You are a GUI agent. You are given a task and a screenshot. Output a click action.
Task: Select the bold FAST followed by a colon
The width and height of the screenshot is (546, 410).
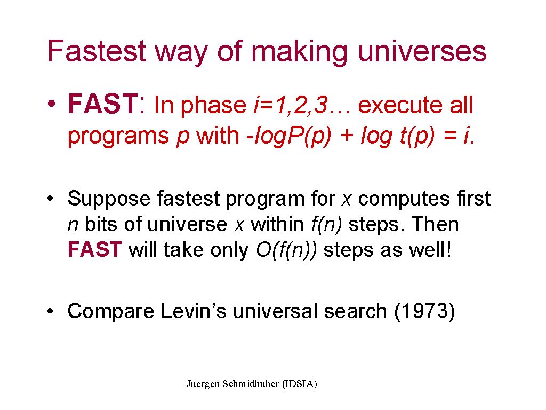pos(106,104)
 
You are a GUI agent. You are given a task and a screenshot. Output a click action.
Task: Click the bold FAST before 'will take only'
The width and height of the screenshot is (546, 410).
pos(94,250)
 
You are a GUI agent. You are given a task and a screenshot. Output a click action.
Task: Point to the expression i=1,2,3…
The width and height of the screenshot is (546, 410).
pos(302,105)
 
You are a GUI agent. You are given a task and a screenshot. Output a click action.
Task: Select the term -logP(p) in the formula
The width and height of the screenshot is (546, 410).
pos(288,136)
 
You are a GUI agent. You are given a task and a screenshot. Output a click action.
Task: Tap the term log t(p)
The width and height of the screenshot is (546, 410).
pos(398,136)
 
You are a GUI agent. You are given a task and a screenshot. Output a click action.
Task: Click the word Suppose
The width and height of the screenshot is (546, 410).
pos(109,200)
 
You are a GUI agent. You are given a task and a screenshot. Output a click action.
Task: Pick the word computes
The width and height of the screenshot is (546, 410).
pos(404,200)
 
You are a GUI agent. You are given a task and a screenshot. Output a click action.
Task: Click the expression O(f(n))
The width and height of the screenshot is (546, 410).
pos(286,250)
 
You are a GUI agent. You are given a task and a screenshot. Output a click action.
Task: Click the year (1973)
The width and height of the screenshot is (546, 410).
pos(424,311)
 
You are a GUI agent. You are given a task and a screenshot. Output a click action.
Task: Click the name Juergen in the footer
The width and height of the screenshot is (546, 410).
pos(203,384)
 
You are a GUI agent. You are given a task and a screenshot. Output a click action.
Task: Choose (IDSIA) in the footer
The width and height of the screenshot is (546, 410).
pos(300,384)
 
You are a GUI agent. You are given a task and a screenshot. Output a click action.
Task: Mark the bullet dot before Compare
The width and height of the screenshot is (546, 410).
pos(51,311)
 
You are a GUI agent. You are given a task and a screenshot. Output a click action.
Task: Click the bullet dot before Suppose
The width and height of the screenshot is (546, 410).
pos(51,199)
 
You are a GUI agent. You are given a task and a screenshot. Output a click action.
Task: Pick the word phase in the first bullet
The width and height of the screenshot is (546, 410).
pos(213,105)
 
